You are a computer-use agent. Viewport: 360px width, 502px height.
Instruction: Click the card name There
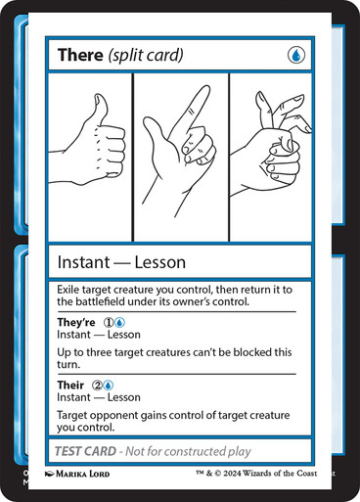[79, 55]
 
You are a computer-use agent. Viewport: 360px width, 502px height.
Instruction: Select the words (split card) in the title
[146, 55]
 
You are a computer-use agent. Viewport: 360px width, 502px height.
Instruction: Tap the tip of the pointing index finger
[204, 91]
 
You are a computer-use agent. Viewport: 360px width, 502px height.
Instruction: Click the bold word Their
[70, 386]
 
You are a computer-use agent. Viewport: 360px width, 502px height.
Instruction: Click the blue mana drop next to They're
[118, 322]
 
